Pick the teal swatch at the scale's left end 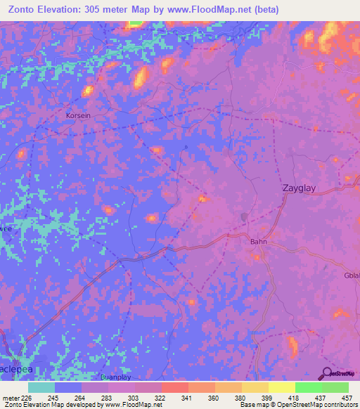pyautogui.click(x=41, y=387)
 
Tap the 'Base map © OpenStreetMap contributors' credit pyautogui.click(x=297, y=405)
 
